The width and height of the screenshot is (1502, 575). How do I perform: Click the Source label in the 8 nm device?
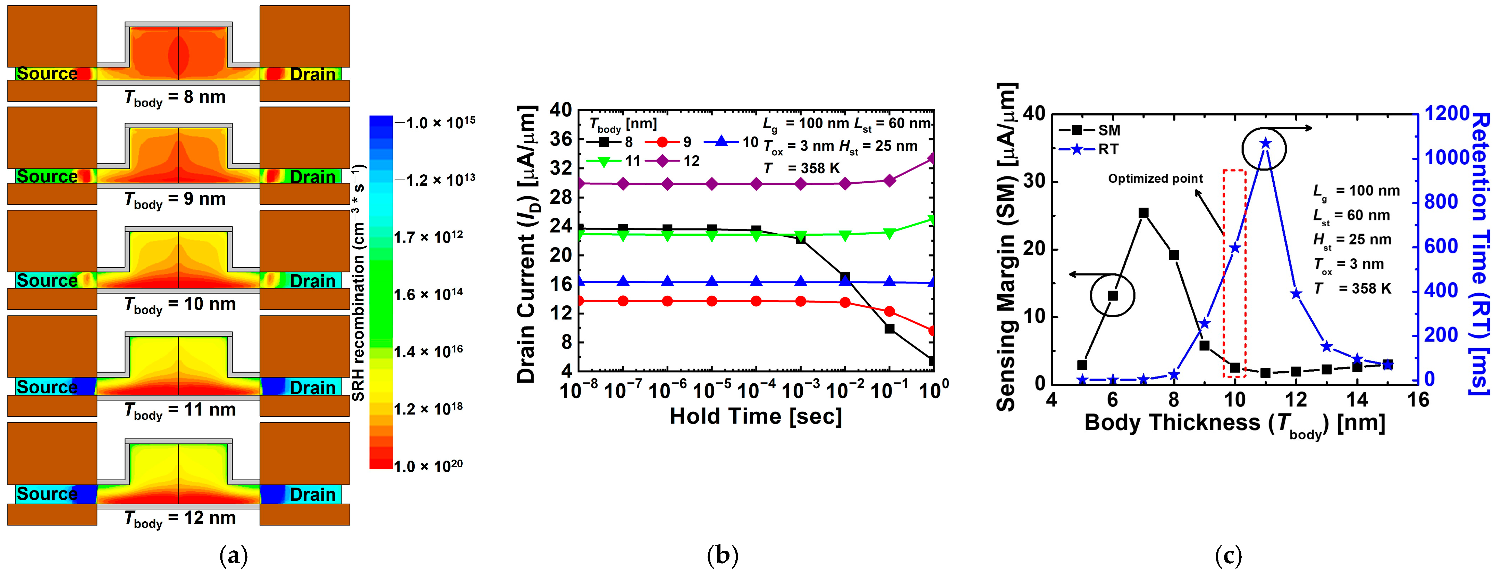pyautogui.click(x=47, y=74)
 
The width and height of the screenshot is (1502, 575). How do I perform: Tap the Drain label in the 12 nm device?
pyautogui.click(x=313, y=495)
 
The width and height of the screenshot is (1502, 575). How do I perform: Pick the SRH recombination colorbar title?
pyautogui.click(x=358, y=282)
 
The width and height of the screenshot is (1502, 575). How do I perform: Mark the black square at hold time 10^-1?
pyautogui.click(x=889, y=329)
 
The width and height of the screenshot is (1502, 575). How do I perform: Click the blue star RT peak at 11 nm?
pyautogui.click(x=1265, y=143)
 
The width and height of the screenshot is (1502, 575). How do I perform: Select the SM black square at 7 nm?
pyautogui.click(x=1144, y=213)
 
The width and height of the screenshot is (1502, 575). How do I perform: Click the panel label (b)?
pyautogui.click(x=723, y=556)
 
